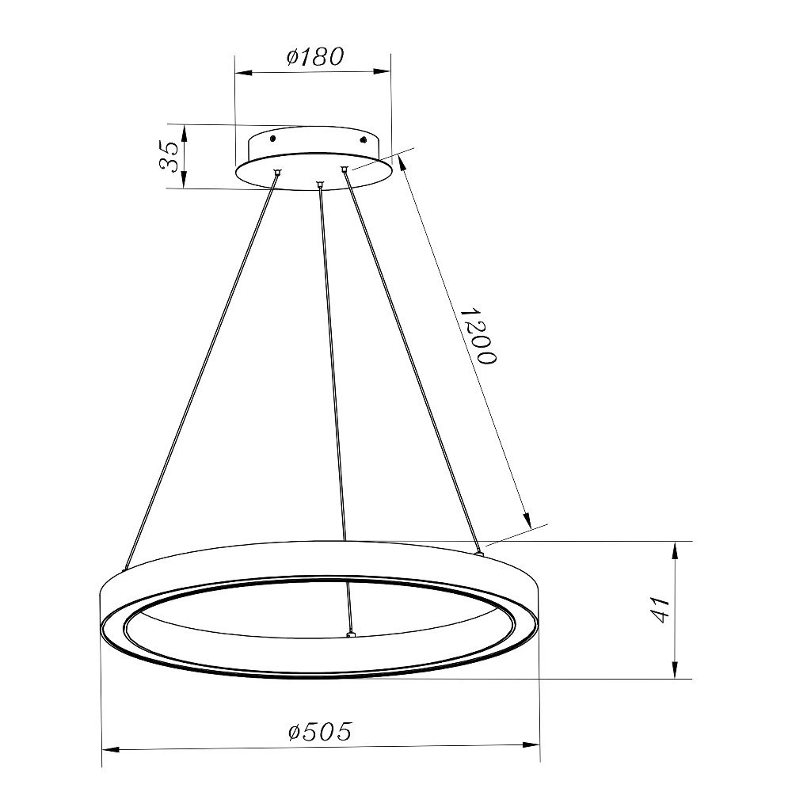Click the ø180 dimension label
(315, 56)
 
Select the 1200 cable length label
(479, 335)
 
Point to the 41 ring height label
(659, 610)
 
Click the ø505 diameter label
(320, 731)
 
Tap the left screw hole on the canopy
(272, 138)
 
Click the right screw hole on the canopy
(362, 139)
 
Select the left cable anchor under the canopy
(276, 172)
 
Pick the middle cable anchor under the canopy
(318, 184)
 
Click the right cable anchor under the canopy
(344, 169)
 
